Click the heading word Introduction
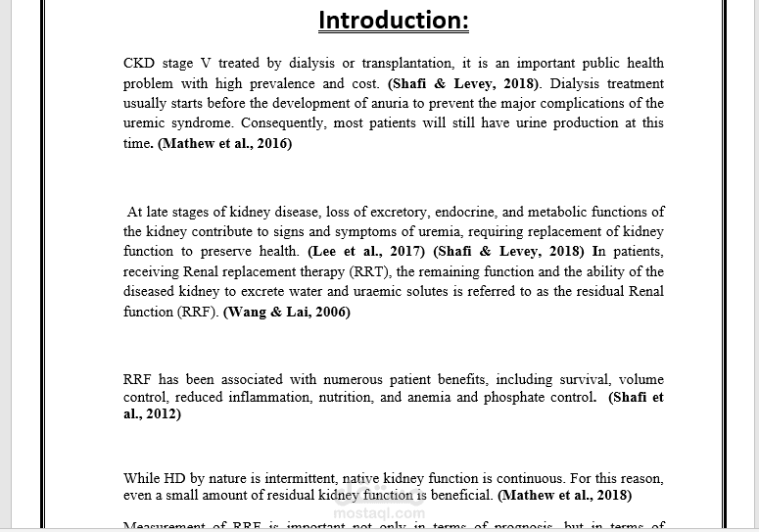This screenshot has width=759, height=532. point(394,20)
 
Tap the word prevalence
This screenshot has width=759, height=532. point(280,83)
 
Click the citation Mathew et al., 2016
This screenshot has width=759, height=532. point(224,143)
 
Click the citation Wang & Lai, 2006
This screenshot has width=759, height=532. point(286,312)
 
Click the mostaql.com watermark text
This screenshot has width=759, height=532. point(379,512)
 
